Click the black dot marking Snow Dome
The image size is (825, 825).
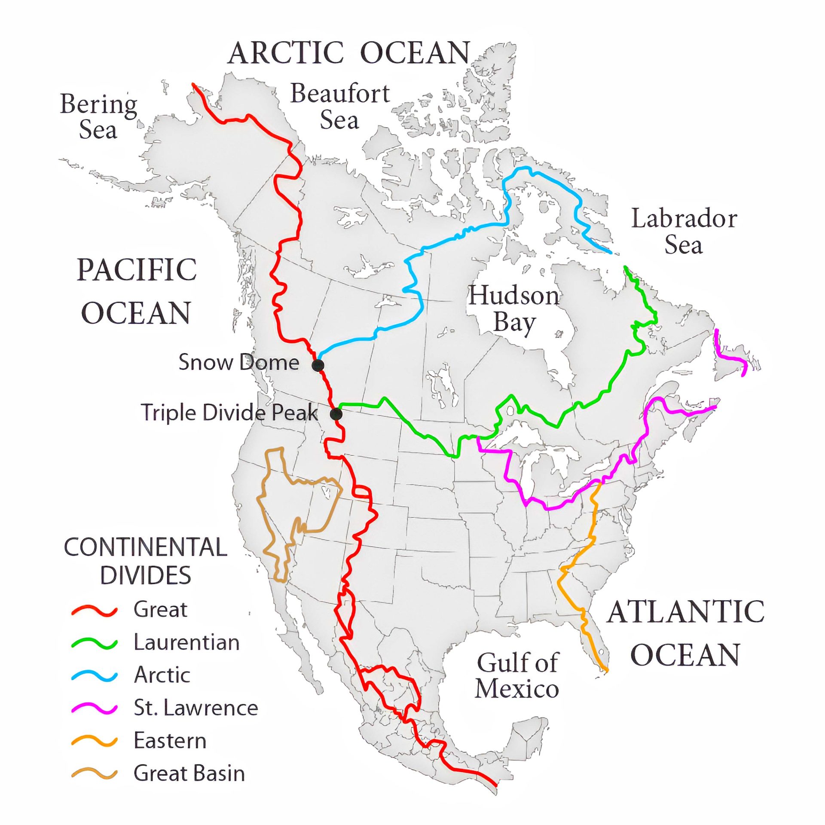pyautogui.click(x=318, y=365)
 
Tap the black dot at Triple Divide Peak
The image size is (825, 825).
pyautogui.click(x=336, y=414)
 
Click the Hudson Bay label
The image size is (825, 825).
pyautogui.click(x=514, y=309)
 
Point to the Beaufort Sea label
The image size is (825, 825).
pyautogui.click(x=340, y=106)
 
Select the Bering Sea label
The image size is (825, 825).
pyautogui.click(x=98, y=116)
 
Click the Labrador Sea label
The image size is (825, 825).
pyautogui.click(x=684, y=232)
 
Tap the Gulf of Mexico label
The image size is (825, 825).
pyautogui.click(x=517, y=675)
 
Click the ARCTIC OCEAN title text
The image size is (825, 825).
pyautogui.click(x=349, y=53)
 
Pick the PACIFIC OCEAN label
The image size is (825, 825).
pyautogui.click(x=137, y=291)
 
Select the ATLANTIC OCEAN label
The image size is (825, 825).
pyautogui.click(x=686, y=633)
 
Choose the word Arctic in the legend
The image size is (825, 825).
pyautogui.click(x=162, y=675)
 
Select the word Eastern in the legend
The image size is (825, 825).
pyautogui.click(x=170, y=741)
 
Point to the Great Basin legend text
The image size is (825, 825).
pyautogui.click(x=189, y=773)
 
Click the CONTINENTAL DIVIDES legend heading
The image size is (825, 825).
pyautogui.click(x=146, y=561)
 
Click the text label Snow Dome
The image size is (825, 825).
pyautogui.click(x=238, y=362)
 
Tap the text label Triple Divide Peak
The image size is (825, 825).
pyautogui.click(x=229, y=412)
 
